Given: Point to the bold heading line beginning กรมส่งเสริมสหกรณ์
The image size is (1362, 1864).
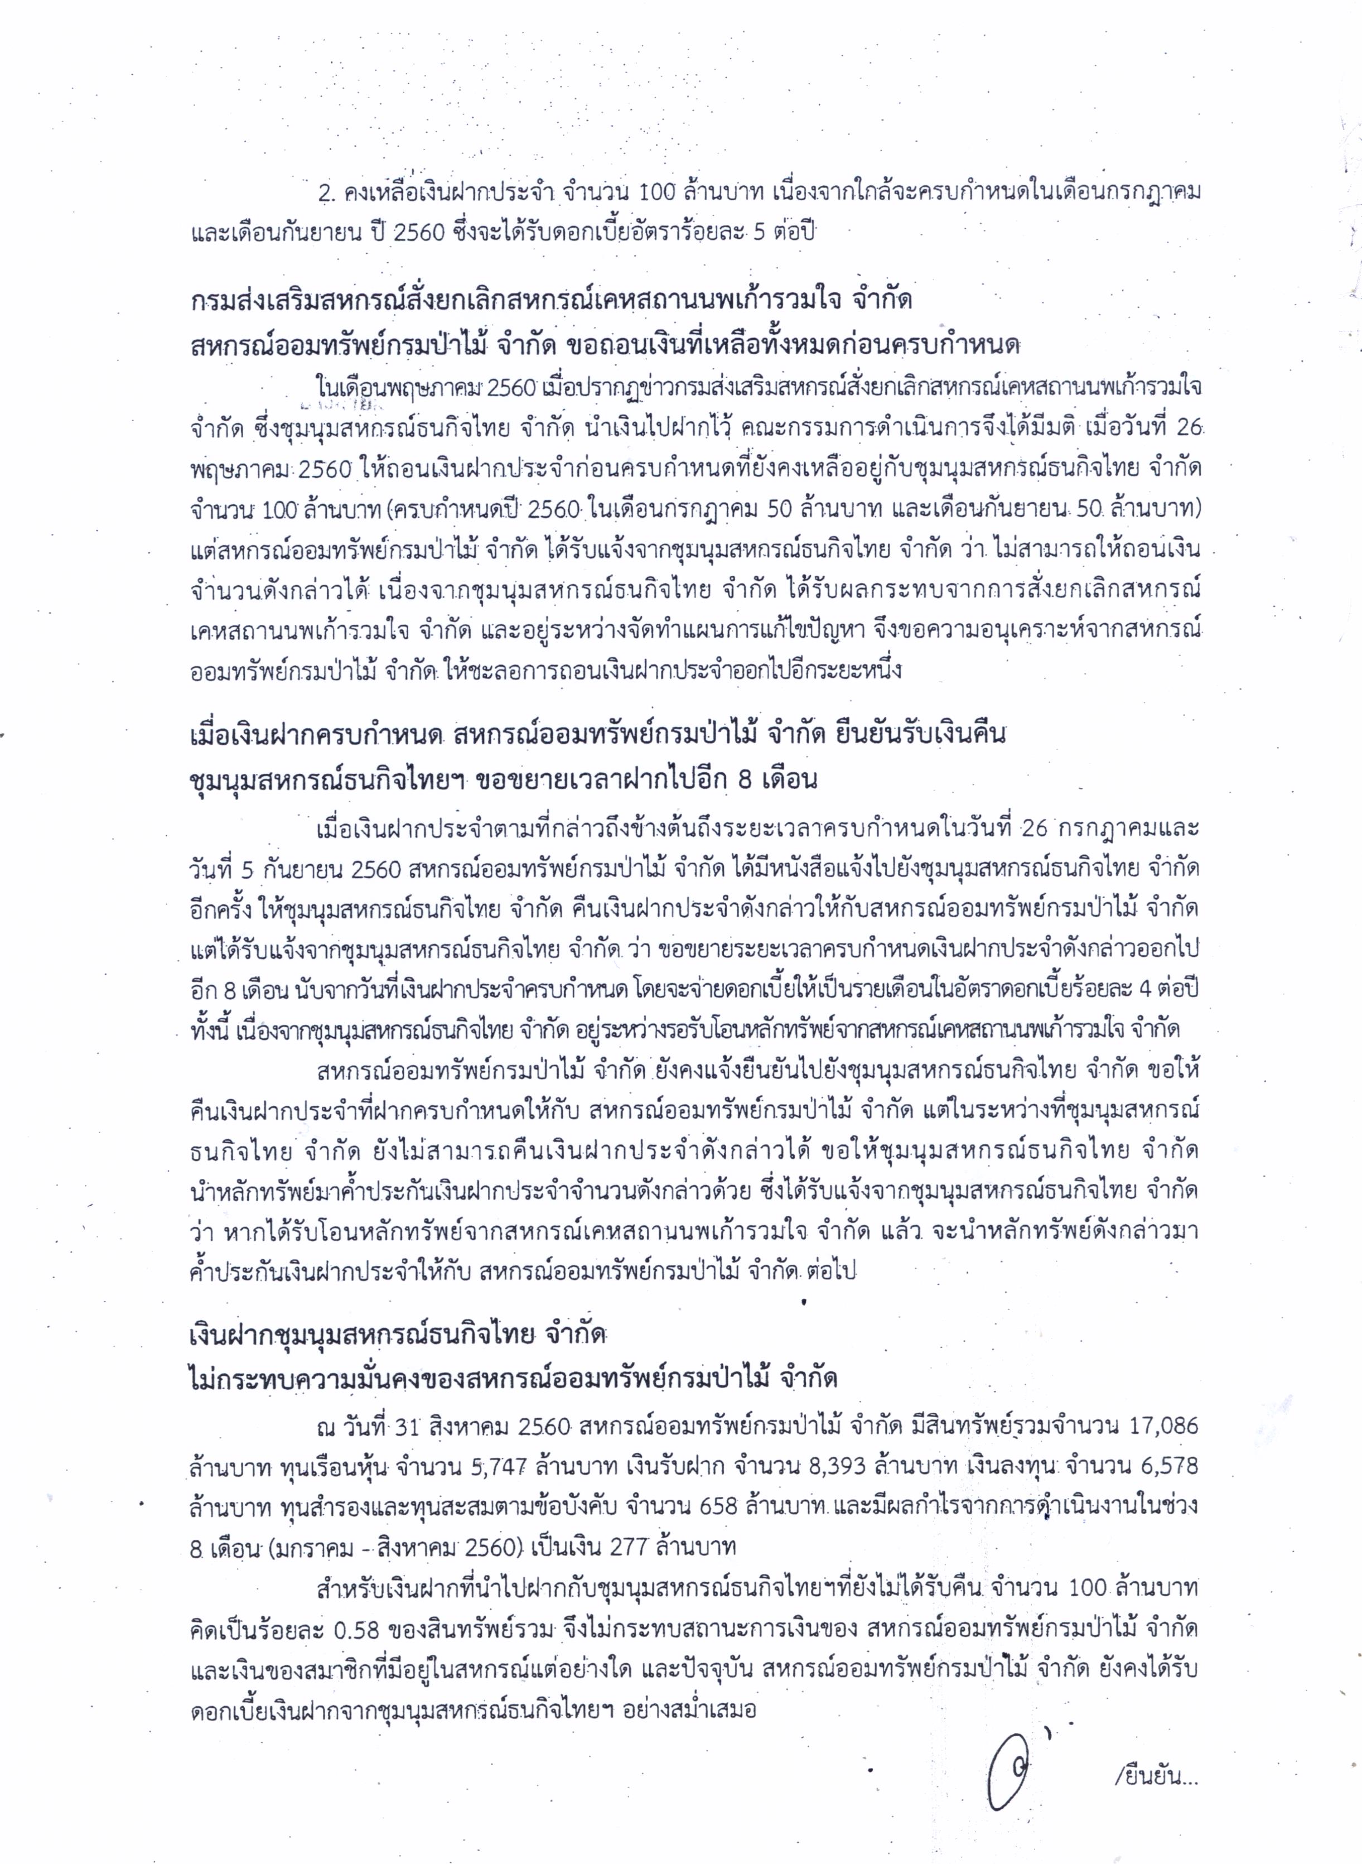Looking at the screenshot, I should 550,300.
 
